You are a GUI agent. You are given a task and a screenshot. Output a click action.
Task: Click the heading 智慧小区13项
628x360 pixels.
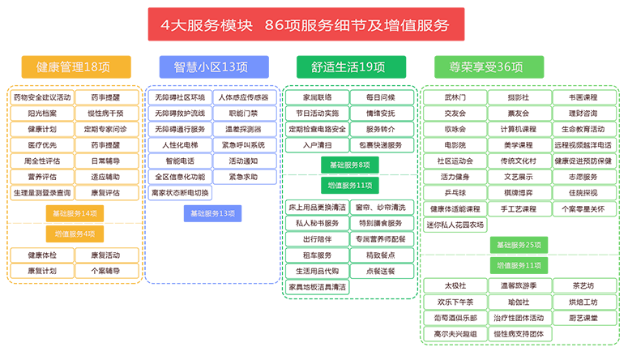[x=211, y=66]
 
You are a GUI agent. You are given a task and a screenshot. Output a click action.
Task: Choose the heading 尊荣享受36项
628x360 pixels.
[x=485, y=66]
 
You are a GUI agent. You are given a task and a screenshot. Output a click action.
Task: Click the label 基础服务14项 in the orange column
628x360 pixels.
[x=75, y=213]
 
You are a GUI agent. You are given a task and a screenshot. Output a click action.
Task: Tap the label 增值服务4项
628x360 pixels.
[x=75, y=234]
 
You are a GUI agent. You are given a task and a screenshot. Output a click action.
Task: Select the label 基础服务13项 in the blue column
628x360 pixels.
[x=212, y=213]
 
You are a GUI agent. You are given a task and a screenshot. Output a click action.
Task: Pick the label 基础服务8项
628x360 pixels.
[x=350, y=165]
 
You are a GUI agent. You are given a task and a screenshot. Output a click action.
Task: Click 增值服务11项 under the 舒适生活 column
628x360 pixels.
[x=350, y=185]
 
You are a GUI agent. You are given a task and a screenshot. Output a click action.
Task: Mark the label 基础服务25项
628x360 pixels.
[x=519, y=245]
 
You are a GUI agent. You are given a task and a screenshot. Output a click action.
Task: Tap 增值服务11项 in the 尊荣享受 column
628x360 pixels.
[x=519, y=265]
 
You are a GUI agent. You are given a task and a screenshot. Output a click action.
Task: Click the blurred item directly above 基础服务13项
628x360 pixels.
[x=180, y=193]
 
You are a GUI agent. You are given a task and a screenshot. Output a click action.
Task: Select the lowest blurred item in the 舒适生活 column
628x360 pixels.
[x=318, y=286]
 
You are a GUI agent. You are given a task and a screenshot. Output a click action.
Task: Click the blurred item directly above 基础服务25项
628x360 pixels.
[x=455, y=225]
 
